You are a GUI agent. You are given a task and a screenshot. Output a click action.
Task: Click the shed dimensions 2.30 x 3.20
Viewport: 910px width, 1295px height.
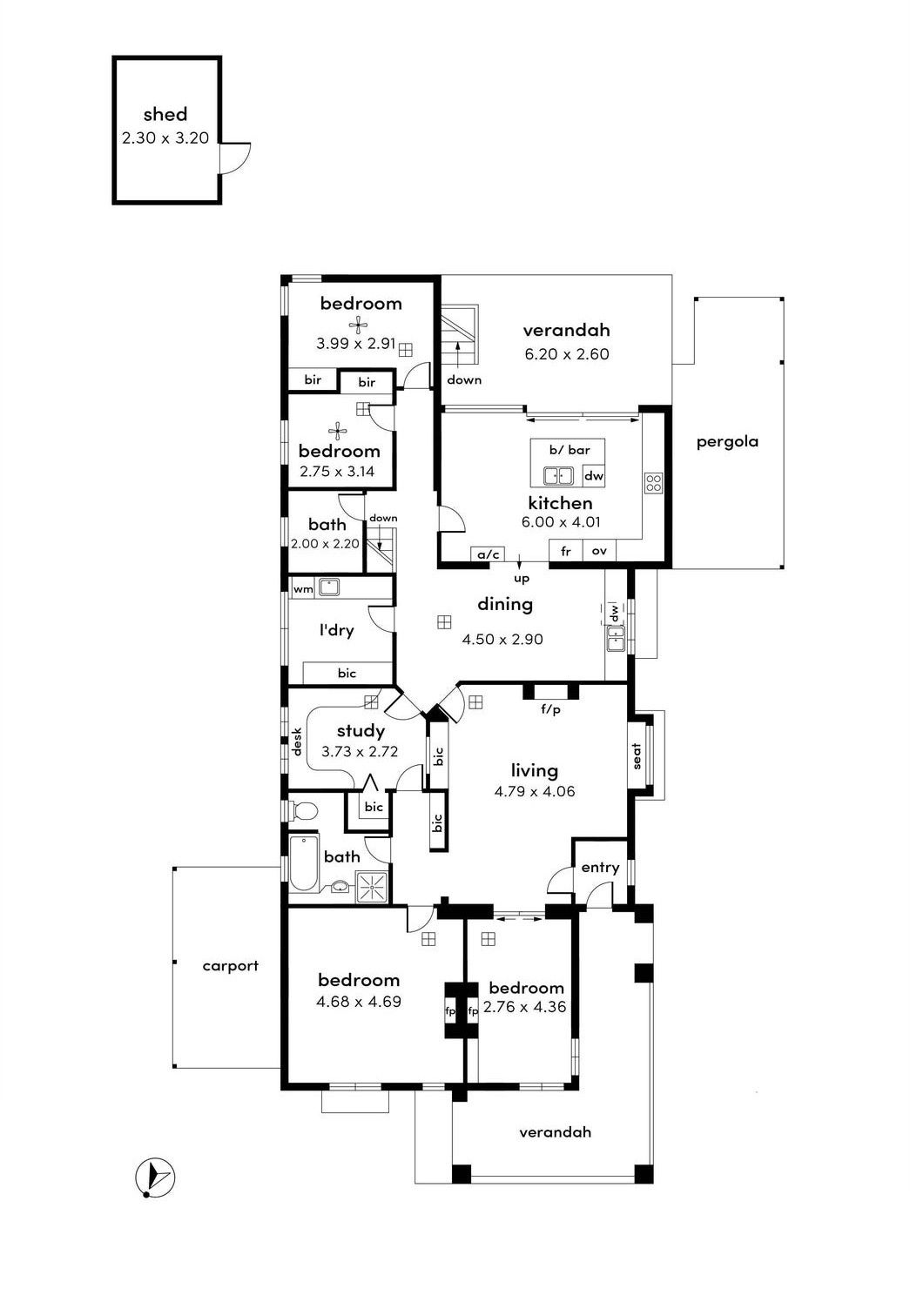pos(165,138)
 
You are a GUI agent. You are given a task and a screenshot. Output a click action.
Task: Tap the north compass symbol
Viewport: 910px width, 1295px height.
pos(154,1178)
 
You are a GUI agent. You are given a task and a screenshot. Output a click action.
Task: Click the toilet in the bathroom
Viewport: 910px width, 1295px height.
pos(302,811)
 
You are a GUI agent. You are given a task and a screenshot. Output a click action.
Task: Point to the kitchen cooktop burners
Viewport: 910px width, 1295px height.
pos(654,483)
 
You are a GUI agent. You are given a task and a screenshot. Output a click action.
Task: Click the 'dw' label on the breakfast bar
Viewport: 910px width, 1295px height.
pos(594,476)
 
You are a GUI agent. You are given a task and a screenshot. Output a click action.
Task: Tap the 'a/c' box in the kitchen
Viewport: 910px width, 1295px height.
pos(488,554)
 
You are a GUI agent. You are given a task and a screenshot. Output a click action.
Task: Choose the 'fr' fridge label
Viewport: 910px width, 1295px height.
pos(565,551)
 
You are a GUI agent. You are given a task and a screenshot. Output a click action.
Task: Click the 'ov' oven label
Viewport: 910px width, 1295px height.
pos(599,551)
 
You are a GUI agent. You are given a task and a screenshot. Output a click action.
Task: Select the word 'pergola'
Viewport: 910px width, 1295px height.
pos(727,442)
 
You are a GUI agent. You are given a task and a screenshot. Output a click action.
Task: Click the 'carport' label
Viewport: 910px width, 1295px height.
pos(230,966)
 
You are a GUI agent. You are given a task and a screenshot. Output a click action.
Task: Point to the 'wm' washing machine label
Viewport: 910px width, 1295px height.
pos(303,590)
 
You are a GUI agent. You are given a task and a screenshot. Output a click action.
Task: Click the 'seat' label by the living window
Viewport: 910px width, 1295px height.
pos(637,756)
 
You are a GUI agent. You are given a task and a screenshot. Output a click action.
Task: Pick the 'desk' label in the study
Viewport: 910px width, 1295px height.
pos(297,741)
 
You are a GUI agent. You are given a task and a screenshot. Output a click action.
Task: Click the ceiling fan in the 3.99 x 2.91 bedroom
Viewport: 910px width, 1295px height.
pos(359,325)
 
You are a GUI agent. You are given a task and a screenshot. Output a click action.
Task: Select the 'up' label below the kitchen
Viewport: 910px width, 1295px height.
pos(522,580)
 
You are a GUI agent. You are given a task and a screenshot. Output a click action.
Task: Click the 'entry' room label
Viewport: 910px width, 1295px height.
pos(600,868)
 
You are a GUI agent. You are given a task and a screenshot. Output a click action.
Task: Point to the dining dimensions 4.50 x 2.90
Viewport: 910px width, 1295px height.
pos(502,640)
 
